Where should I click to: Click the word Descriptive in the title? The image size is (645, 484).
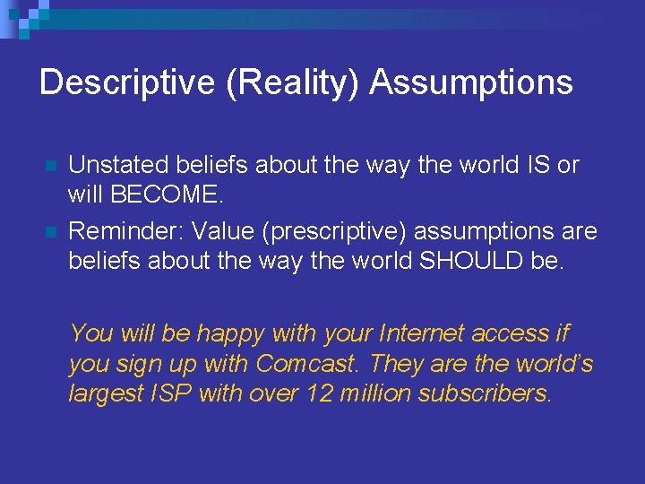pos(115,82)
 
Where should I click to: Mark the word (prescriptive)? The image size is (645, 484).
pos(351,232)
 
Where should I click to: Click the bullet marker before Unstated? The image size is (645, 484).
pos(50,167)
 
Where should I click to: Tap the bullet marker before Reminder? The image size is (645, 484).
pos(50,233)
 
